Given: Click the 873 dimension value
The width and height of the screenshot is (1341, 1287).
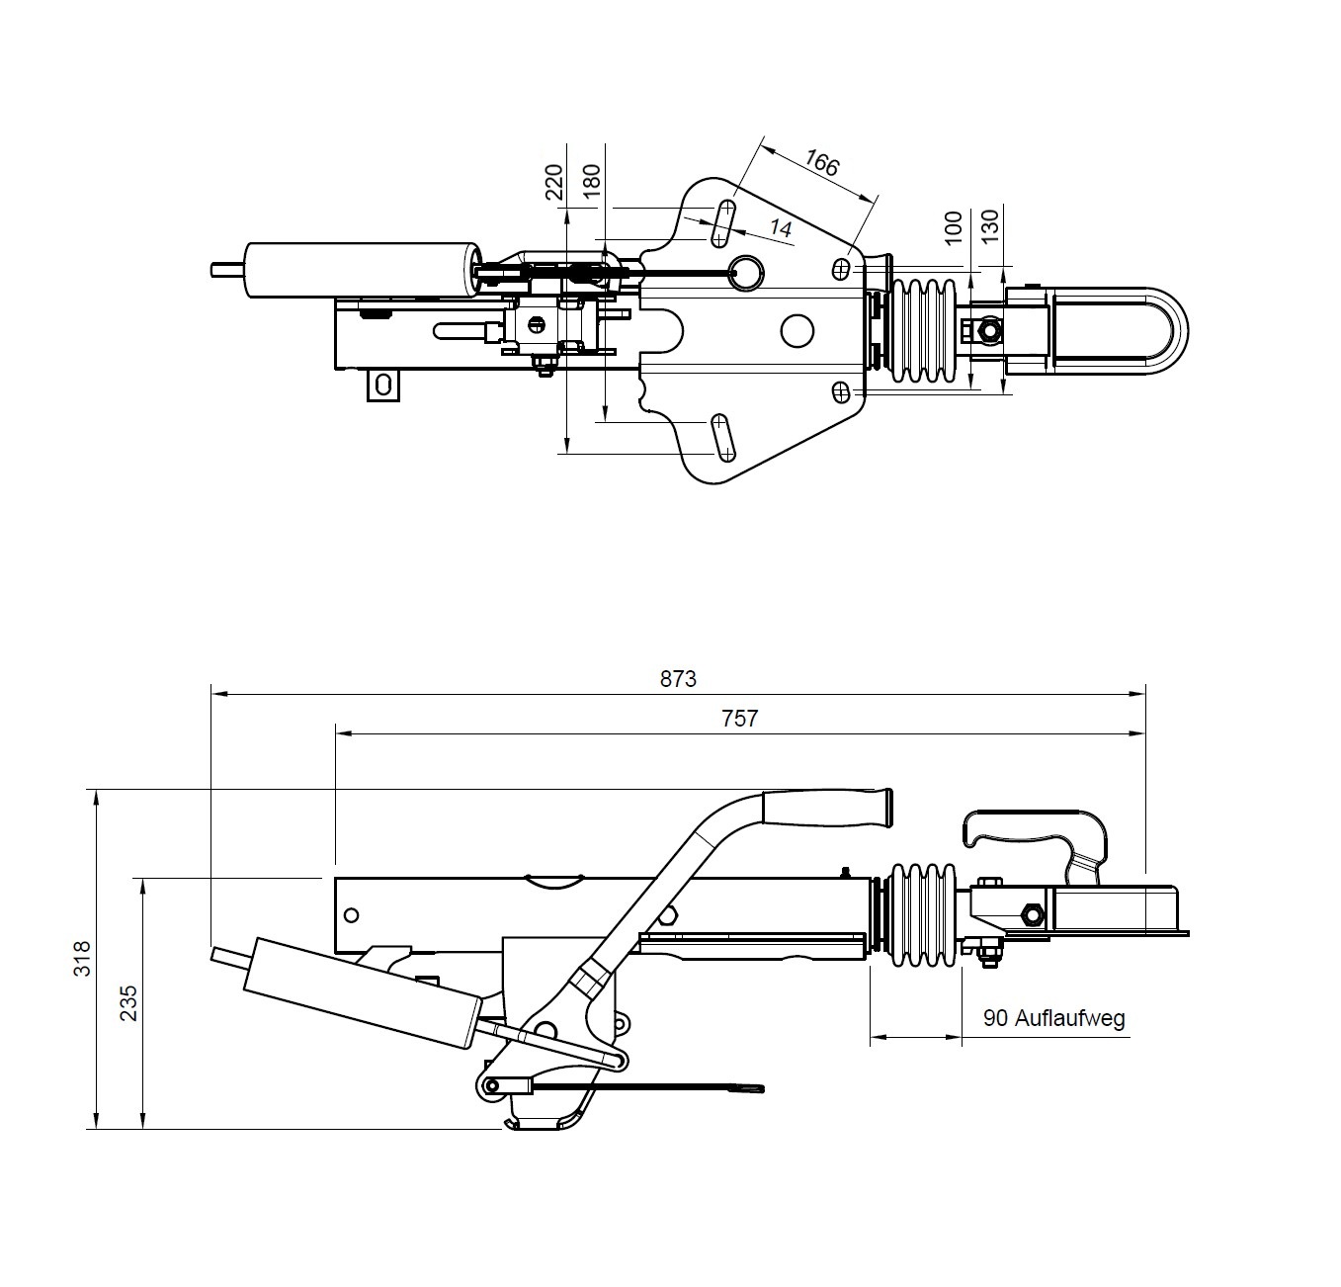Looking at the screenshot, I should click(x=678, y=679).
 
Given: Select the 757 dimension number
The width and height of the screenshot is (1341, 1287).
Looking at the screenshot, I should click(x=739, y=719).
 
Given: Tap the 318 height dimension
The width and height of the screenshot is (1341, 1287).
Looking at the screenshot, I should click(x=83, y=959).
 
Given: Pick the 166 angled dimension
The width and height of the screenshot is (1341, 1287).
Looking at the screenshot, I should click(x=820, y=163).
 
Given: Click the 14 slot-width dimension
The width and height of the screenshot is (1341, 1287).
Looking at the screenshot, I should click(x=781, y=229).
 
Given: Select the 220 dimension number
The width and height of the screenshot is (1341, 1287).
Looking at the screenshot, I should click(x=553, y=182).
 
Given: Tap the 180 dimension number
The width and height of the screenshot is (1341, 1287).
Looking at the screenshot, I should click(x=592, y=182).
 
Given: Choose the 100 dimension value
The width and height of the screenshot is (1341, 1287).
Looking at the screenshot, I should click(x=954, y=227).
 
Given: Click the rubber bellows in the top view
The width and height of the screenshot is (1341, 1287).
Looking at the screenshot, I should click(x=924, y=331).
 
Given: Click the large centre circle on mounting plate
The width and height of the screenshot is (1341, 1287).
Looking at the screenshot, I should click(x=796, y=331).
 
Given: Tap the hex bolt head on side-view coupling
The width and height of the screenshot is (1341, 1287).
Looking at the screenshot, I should click(x=1031, y=914).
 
